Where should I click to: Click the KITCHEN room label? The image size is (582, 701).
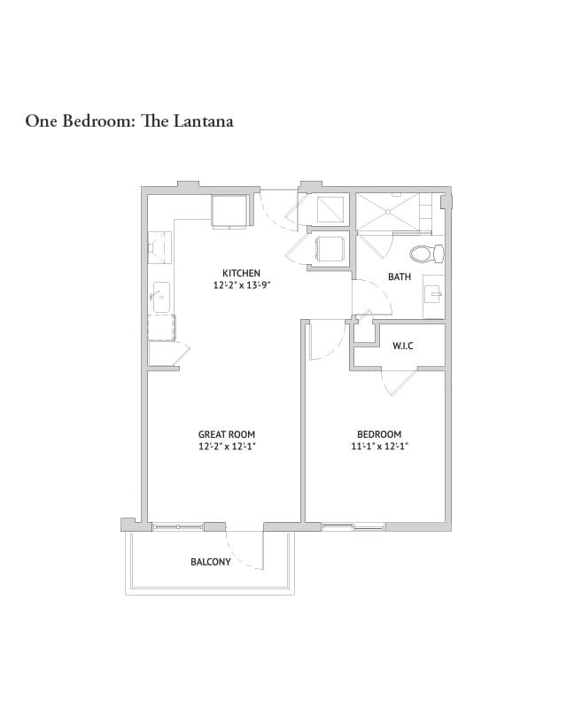241,273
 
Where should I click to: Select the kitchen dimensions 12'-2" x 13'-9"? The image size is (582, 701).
241,285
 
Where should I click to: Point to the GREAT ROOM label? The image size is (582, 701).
227,434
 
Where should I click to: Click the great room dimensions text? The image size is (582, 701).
227,447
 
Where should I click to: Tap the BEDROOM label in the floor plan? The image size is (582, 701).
379,434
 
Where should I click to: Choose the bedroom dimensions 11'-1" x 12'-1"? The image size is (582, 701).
379,447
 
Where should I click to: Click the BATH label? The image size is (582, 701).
400,277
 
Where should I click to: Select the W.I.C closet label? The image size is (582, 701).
403,346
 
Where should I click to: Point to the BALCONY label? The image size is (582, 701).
211,562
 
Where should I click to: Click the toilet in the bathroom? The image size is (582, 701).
428,254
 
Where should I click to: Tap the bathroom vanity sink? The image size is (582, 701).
434,293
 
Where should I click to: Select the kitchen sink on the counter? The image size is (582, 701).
160,295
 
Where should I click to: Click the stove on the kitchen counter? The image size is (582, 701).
160,245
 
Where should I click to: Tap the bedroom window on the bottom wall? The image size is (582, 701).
353,527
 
